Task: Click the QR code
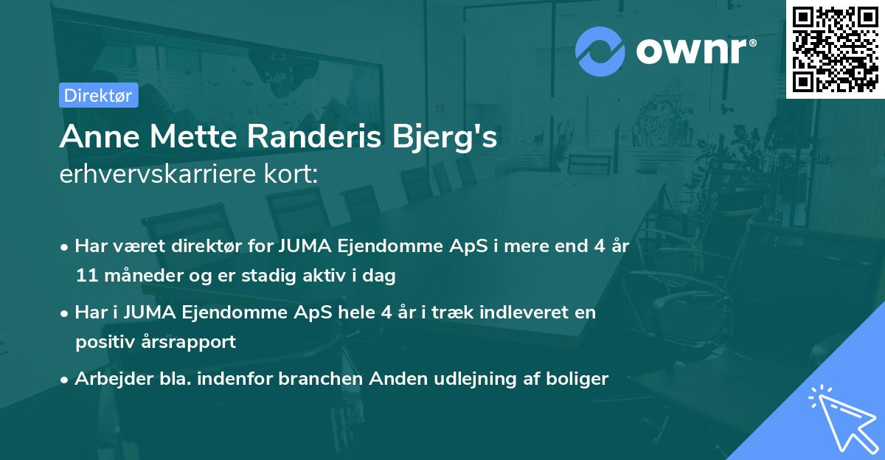pos(835,49)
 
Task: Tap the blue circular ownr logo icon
pos(600,50)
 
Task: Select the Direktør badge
pos(98,95)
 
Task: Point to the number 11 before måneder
pos(86,276)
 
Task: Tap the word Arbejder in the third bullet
pos(108,379)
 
